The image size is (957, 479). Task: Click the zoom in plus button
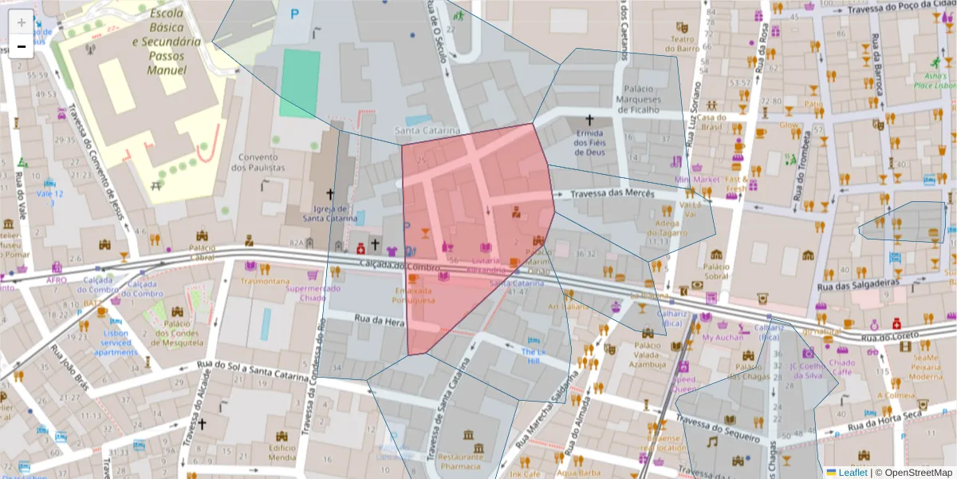(21, 22)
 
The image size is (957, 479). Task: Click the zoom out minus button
(21, 46)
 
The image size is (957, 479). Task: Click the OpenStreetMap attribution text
(914, 472)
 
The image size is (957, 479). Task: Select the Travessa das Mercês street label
(613, 194)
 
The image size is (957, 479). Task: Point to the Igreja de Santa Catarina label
(329, 210)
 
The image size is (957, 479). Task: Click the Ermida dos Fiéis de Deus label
(589, 142)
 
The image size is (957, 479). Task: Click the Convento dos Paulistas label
(257, 162)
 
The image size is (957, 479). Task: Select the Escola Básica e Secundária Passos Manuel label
(167, 42)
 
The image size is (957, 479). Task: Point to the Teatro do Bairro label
(683, 43)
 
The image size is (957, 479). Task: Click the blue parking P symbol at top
(296, 13)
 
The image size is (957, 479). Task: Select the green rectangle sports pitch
(300, 83)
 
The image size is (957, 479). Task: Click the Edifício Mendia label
(282, 453)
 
